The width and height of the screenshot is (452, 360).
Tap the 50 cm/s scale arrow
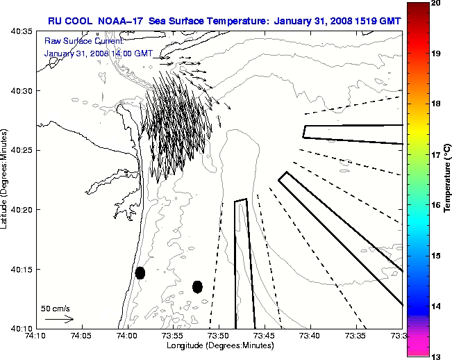(59, 319)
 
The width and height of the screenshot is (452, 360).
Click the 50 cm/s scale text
(56, 308)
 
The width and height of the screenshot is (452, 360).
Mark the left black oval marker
(140, 272)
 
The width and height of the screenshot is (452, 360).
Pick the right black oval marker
(197, 286)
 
